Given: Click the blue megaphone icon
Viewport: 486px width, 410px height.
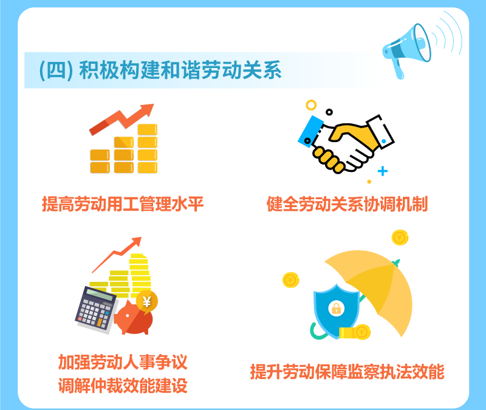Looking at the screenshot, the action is click(406, 50).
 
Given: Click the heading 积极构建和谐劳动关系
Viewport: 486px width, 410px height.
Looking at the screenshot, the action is click(180, 70).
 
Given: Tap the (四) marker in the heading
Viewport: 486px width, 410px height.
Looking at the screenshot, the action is click(56, 70).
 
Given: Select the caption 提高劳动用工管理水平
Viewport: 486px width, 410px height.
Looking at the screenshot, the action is click(123, 204).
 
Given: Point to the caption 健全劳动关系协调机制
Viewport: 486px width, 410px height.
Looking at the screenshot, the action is click(347, 204).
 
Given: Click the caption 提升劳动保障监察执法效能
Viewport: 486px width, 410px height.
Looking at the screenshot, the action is click(347, 372).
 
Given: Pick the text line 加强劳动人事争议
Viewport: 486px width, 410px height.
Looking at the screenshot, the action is click(123, 362).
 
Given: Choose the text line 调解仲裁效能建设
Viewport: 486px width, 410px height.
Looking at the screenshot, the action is click(123, 386).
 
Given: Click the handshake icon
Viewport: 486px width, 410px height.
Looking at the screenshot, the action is click(346, 143).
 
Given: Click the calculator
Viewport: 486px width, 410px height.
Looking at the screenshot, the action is click(96, 310).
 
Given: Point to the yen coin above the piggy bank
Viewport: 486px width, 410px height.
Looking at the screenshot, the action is click(146, 301).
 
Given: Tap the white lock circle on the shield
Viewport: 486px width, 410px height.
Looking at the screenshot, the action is click(337, 309).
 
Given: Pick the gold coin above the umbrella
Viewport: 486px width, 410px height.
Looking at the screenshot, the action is click(400, 237).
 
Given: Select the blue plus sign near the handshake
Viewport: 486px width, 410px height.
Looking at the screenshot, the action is click(383, 171).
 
